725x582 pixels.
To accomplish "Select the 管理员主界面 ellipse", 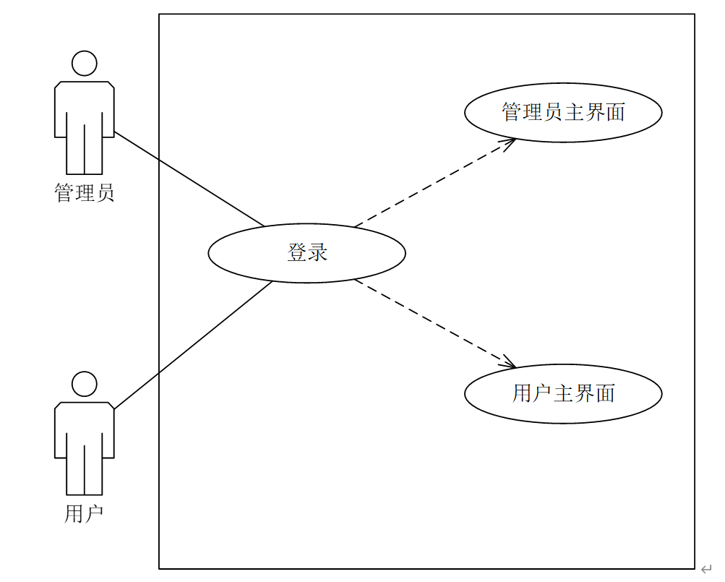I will click(563, 112).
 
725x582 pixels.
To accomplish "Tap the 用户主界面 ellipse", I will click(563, 393).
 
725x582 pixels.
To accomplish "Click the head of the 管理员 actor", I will click(85, 63).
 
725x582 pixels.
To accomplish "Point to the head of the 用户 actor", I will click(85, 384).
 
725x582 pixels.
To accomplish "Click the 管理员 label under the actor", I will click(85, 193).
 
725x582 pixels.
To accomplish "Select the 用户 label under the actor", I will click(85, 514).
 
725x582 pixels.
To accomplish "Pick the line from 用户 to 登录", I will click(194, 345).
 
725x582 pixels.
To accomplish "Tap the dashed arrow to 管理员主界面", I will click(434, 182).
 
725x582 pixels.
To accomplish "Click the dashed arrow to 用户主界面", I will click(434, 323).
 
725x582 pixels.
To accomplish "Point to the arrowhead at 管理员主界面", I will click(510, 142).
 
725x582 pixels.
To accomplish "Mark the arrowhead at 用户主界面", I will click(509, 363).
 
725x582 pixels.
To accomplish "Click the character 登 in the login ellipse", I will click(297, 252).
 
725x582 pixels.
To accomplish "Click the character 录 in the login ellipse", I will click(317, 252).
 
